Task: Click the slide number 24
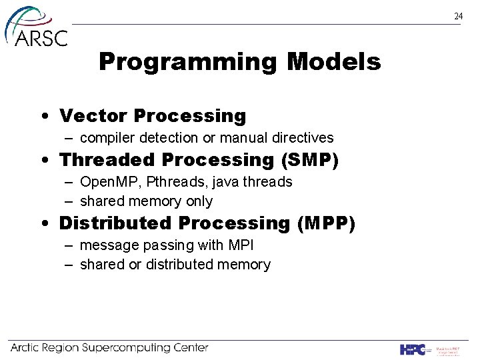click(x=458, y=16)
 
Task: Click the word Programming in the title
click(x=188, y=63)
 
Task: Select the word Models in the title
click(x=333, y=63)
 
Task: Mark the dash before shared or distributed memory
click(x=69, y=265)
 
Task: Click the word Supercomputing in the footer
click(x=129, y=348)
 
